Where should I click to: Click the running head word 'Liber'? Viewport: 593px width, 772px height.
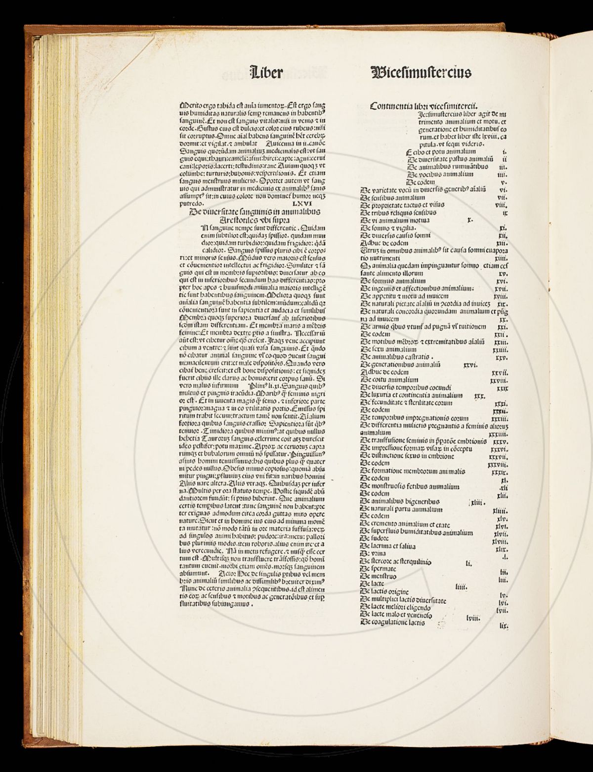[267, 72]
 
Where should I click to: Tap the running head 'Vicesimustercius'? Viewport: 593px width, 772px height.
[420, 72]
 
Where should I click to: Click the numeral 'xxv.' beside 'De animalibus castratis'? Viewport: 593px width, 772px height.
[502, 357]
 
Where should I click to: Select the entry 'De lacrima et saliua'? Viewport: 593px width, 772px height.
[388, 546]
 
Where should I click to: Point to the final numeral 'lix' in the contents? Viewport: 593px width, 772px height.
[504, 626]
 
